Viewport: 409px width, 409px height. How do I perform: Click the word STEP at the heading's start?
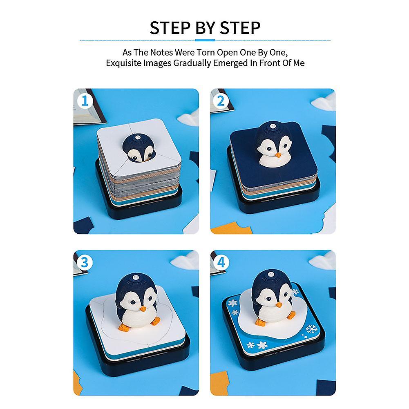pyautogui.click(x=170, y=28)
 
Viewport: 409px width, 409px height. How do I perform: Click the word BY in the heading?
pyautogui.click(x=205, y=28)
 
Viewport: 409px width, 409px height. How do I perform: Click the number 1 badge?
pyautogui.click(x=85, y=101)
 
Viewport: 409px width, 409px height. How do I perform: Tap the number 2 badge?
pyautogui.click(x=221, y=101)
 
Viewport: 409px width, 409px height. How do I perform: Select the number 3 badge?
pyautogui.click(x=85, y=262)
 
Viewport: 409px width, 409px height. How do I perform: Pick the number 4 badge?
pyautogui.click(x=221, y=262)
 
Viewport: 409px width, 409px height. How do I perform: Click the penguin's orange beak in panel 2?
pyautogui.click(x=278, y=155)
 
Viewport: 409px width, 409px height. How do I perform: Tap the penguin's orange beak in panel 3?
pyautogui.click(x=143, y=309)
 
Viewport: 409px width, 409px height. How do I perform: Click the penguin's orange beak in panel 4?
pyautogui.click(x=279, y=305)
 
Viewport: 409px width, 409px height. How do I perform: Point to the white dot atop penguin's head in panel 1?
pyautogui.click(x=137, y=137)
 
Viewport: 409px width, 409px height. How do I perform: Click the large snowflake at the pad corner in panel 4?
pyautogui.click(x=311, y=329)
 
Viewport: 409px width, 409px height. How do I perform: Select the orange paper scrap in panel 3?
pyautogui.click(x=77, y=382)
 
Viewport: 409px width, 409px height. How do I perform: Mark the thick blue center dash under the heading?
pyautogui.click(x=205, y=40)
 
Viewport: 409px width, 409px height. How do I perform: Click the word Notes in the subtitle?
pyautogui.click(x=161, y=52)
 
